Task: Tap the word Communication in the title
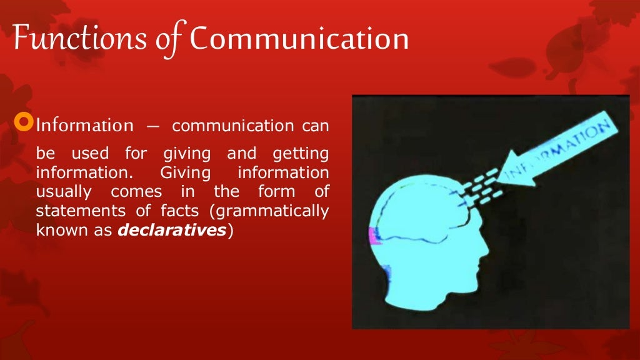299,39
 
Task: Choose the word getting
301,154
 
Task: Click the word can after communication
316,126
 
